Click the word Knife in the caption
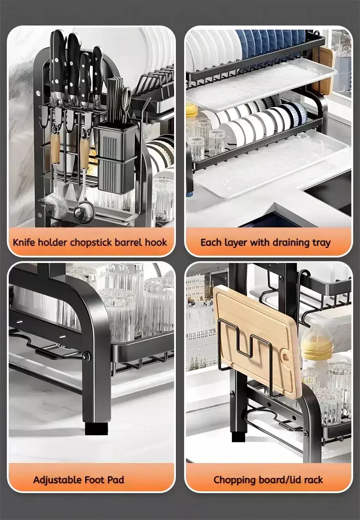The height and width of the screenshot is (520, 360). click(24, 242)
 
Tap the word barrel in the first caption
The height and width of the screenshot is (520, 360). click(128, 242)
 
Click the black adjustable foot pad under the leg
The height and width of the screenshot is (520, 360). click(96, 428)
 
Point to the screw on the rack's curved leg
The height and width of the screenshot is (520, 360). click(87, 356)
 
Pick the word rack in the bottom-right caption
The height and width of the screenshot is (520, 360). click(313, 480)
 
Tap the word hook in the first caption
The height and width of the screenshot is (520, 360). click(155, 242)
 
